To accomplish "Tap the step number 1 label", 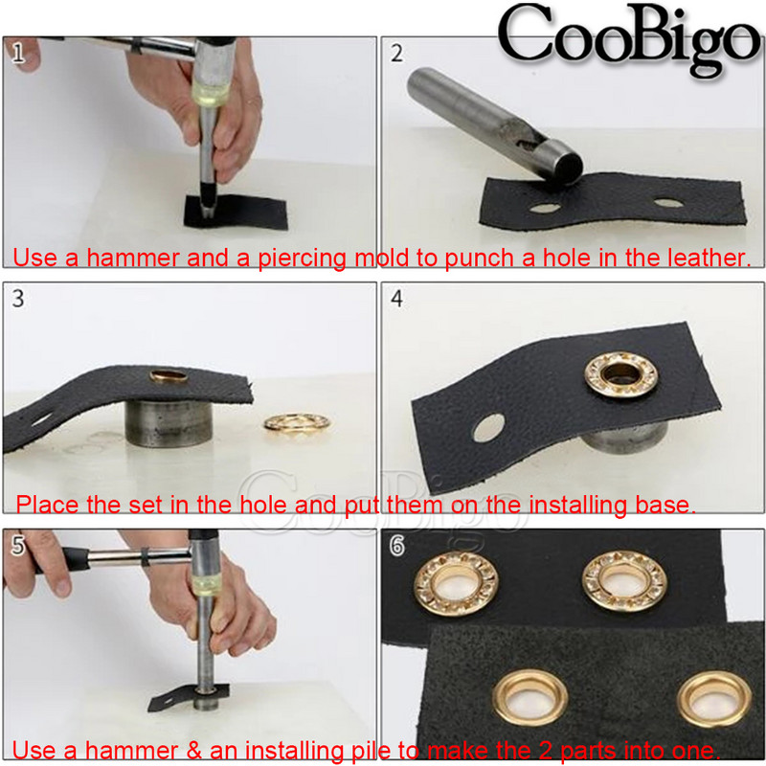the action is click(18, 53).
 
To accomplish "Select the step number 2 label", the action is click(396, 54).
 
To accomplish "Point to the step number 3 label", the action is click(18, 298).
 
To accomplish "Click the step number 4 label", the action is click(396, 299).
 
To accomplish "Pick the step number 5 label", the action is click(18, 545).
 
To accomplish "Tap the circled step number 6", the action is click(396, 545).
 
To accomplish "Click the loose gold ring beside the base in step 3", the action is click(297, 423).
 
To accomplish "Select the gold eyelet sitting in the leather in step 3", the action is click(169, 376).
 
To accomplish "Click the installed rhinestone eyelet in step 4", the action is click(621, 374).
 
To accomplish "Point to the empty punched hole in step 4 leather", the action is click(488, 428).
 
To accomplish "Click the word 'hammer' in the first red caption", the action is click(133, 258).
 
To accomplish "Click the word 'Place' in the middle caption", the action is click(47, 505).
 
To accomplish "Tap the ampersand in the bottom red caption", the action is click(193, 751).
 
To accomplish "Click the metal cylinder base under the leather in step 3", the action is click(169, 422).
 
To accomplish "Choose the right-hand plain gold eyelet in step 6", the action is click(714, 699).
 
